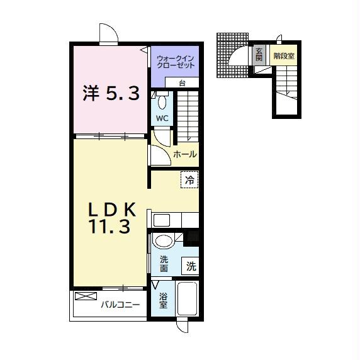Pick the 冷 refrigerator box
click(x=189, y=179)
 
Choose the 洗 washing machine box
click(x=191, y=266)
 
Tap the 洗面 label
click(x=164, y=264)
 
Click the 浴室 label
click(x=163, y=300)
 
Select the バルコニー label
click(x=120, y=305)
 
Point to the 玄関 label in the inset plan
click(x=259, y=55)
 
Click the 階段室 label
click(x=284, y=55)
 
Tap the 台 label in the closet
click(x=181, y=83)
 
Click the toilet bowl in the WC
click(x=162, y=101)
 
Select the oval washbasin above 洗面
click(x=164, y=241)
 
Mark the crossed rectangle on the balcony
click(x=84, y=296)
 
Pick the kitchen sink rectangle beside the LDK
click(x=161, y=220)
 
